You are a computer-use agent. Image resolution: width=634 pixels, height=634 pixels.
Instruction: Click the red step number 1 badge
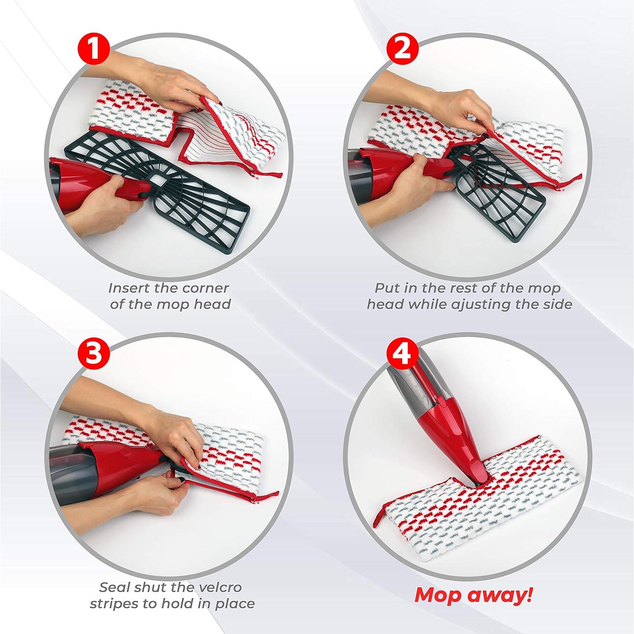click(x=94, y=49)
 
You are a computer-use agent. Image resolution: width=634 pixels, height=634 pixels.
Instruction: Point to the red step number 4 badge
click(x=402, y=353)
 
